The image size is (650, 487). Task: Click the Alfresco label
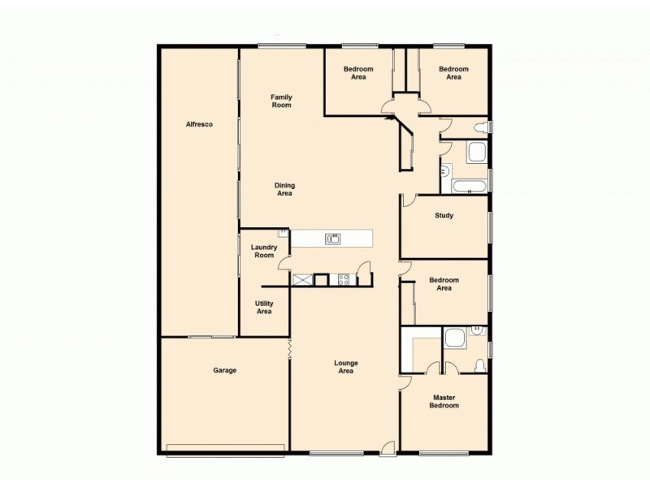[x=199, y=124]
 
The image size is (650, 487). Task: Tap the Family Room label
[x=281, y=101]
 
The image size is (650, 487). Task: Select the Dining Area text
[x=284, y=189]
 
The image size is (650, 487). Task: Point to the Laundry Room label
[x=264, y=251]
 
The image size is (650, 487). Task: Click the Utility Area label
[x=264, y=307]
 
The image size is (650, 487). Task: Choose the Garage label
[x=224, y=370]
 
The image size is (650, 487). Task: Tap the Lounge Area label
[x=345, y=367]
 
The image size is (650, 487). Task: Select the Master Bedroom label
[x=445, y=402]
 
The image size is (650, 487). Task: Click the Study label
[x=444, y=216]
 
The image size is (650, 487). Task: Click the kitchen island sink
[x=332, y=239]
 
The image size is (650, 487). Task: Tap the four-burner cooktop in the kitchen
[x=344, y=280]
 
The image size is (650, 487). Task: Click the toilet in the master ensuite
[x=479, y=364]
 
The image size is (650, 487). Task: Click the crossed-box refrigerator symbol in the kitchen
[x=302, y=280]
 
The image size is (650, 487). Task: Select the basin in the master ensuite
[x=478, y=330]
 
